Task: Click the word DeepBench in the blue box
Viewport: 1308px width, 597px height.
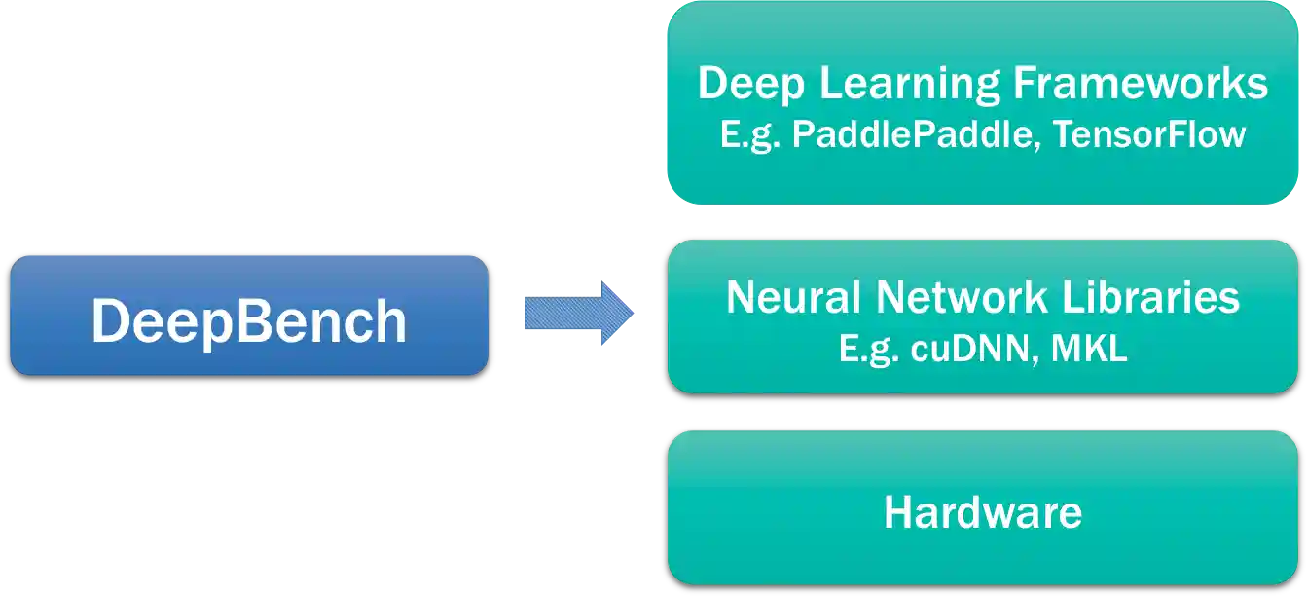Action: pyautogui.click(x=248, y=320)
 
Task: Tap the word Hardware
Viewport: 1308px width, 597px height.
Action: pyautogui.click(x=983, y=512)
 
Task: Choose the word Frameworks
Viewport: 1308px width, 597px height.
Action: pyautogui.click(x=1141, y=85)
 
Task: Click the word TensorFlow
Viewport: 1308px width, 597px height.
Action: pyautogui.click(x=1149, y=134)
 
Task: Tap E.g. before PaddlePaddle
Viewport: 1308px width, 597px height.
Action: pyautogui.click(x=750, y=134)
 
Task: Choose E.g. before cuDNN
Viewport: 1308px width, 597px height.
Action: pyautogui.click(x=868, y=349)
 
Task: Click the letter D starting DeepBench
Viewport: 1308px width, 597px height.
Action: pyautogui.click(x=109, y=320)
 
